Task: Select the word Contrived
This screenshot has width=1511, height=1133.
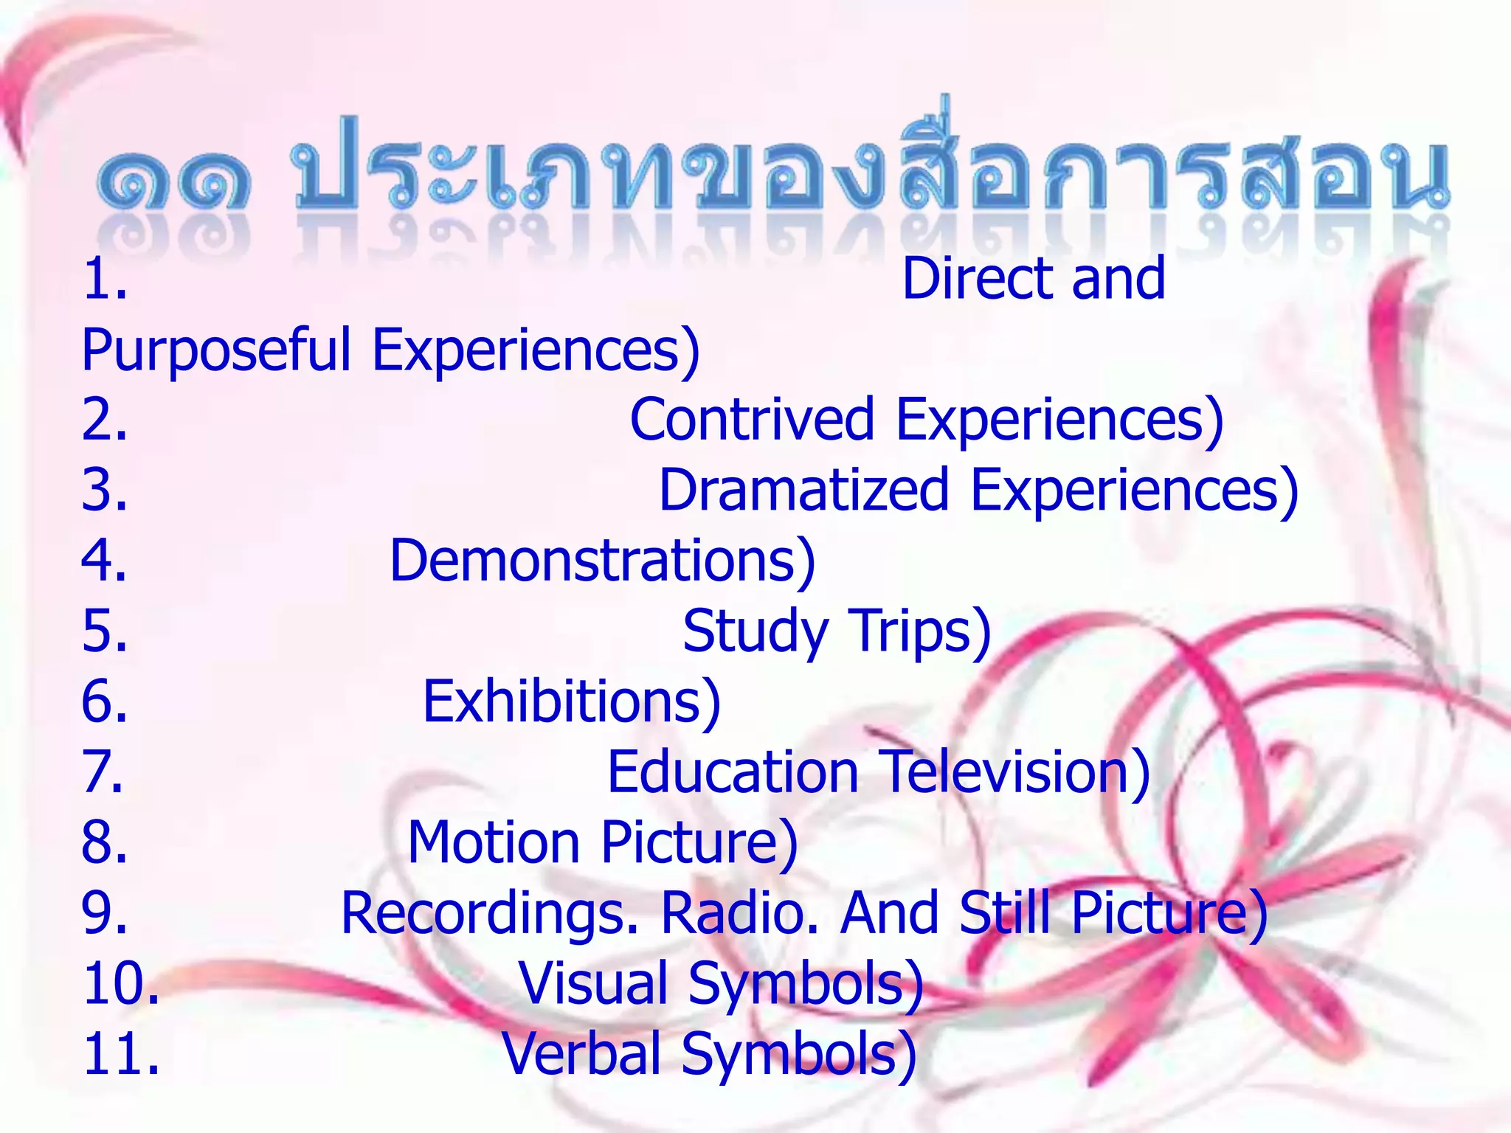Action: (752, 419)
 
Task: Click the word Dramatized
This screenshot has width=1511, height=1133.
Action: (803, 490)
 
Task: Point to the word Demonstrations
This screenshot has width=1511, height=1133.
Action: (602, 561)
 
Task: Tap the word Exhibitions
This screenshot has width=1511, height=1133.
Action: (571, 701)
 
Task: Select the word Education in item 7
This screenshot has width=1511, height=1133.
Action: (733, 772)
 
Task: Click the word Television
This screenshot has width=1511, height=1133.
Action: (1015, 772)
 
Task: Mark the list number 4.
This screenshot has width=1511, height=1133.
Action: (103, 561)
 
